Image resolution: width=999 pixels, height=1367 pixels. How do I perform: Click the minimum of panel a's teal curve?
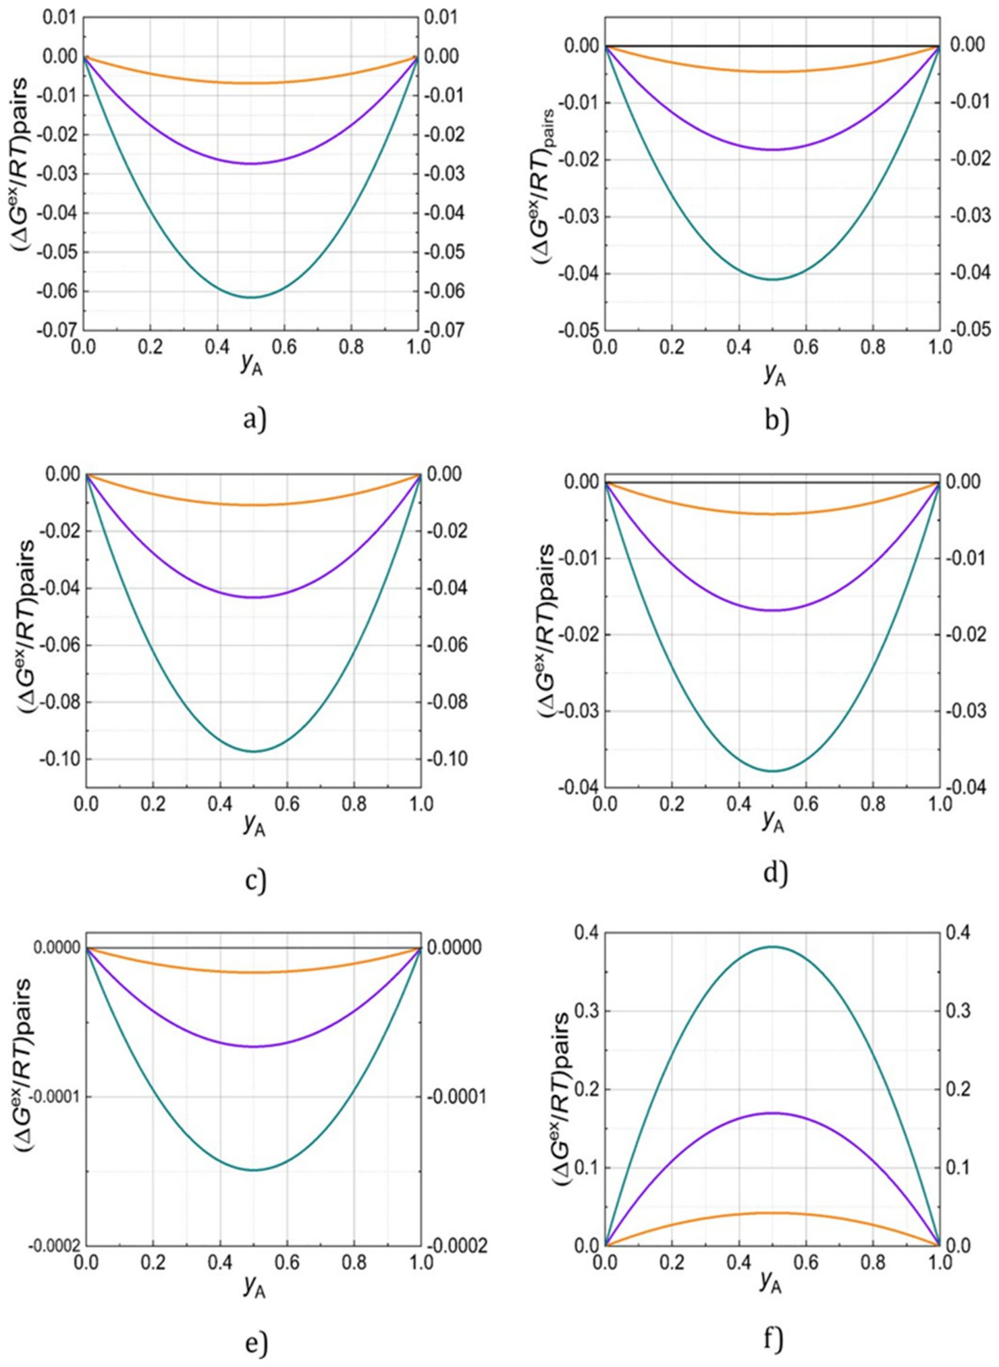(251, 297)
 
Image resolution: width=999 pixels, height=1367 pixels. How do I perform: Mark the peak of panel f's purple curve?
(772, 1113)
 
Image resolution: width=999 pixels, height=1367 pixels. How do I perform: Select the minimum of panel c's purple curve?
(254, 597)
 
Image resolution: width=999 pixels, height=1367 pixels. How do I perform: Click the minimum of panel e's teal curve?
(254, 1170)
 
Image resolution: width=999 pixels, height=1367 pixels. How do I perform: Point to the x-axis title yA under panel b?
(774, 374)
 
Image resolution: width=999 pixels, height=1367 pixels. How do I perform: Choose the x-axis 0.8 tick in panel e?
(354, 1263)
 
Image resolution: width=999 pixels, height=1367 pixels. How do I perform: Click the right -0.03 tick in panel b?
(970, 216)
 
